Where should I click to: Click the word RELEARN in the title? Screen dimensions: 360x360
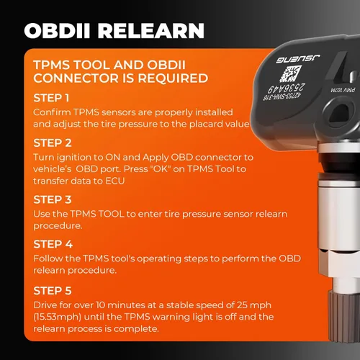coord(151,31)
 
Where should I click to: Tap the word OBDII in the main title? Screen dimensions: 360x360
coord(58,31)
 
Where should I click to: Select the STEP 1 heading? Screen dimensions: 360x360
coord(51,98)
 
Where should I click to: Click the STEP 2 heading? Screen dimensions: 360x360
coord(53,143)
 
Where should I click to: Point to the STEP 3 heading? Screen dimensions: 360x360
coord(53,199)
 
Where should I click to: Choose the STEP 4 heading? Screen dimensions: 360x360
coord(53,244)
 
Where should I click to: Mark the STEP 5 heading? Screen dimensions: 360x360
coord(53,291)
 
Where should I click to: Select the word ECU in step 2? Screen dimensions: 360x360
coord(115,181)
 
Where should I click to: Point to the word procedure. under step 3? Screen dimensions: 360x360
coord(58,226)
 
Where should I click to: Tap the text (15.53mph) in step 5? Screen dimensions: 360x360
coord(57,317)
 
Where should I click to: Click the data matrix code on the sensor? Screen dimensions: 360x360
coord(290,73)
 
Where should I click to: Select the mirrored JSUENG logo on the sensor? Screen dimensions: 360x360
coord(297,59)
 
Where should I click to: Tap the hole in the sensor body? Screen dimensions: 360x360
coord(340,114)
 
